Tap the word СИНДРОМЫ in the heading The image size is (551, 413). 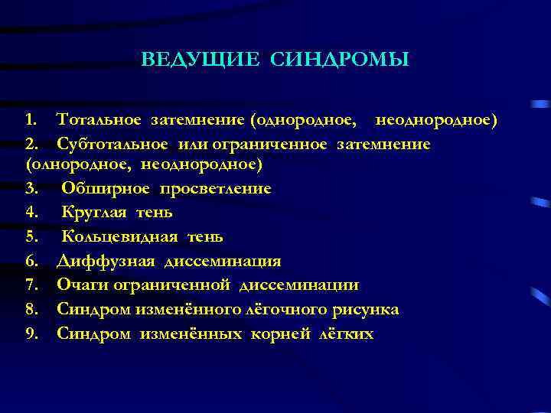point(339,60)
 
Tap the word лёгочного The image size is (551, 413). point(288,310)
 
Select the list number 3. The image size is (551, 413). point(30,188)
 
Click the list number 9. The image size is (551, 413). point(30,334)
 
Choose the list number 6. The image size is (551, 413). point(30,262)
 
